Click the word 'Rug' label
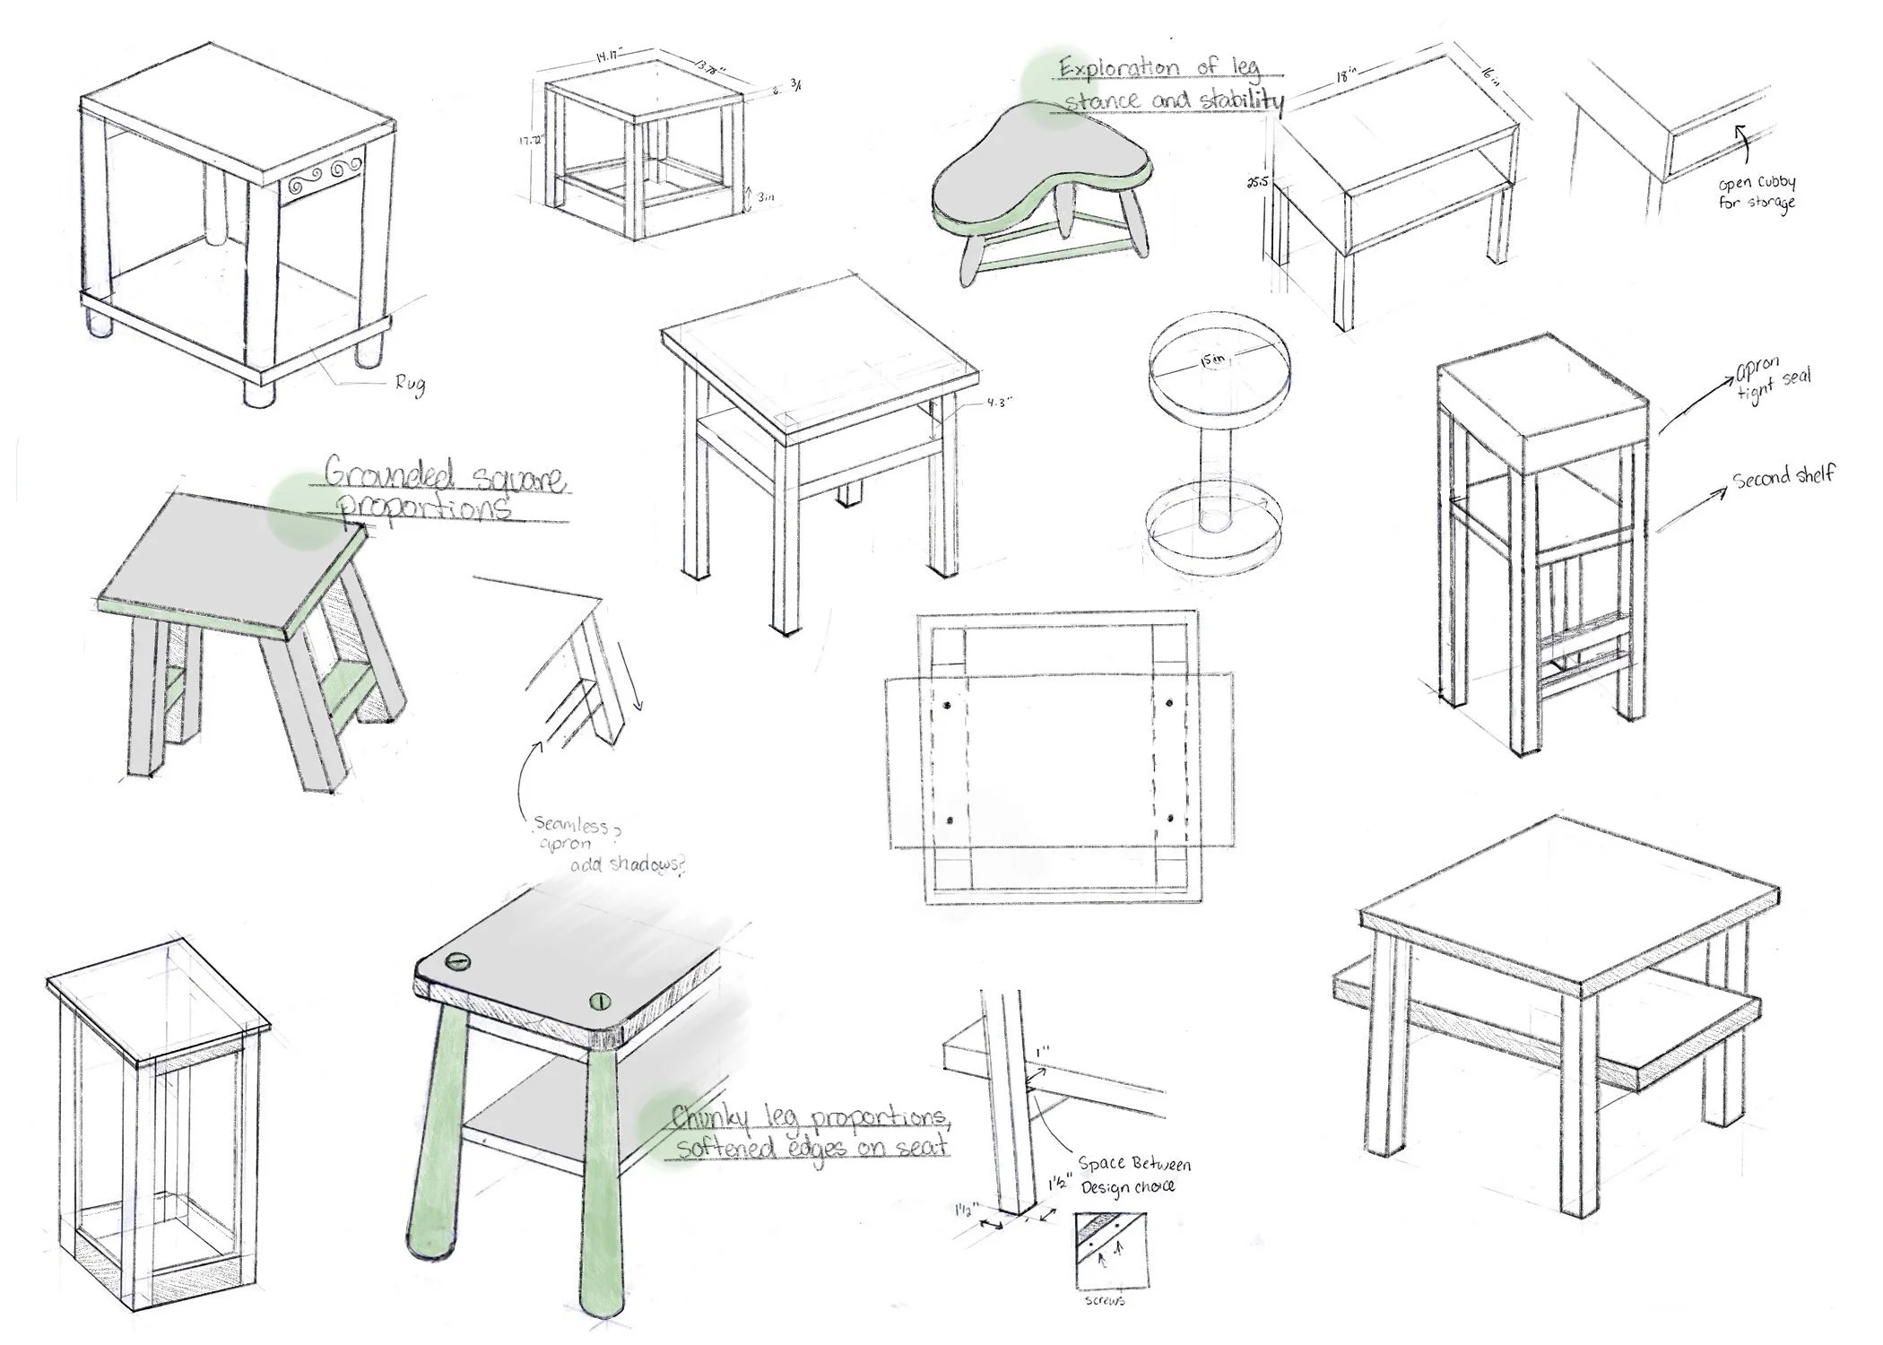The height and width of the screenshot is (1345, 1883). click(x=410, y=386)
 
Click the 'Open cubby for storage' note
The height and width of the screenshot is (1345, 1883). click(x=1757, y=193)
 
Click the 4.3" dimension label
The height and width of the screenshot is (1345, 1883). click(x=999, y=403)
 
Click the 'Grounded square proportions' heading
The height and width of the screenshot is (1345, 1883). click(x=444, y=490)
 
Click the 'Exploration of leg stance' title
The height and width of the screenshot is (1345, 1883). click(x=1171, y=83)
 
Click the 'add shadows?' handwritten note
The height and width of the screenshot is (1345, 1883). click(x=627, y=864)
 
